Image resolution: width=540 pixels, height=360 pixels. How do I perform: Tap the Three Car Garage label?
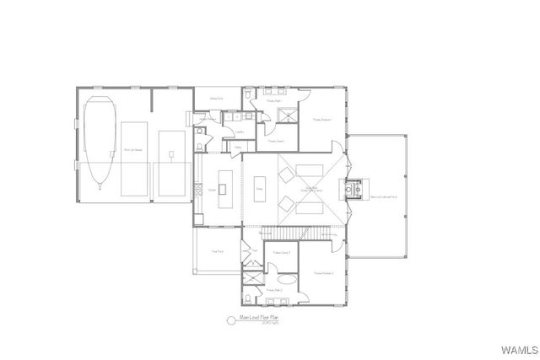pyautogui.click(x=133, y=149)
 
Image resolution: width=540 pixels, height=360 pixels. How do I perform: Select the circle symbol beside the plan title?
pyautogui.click(x=229, y=320)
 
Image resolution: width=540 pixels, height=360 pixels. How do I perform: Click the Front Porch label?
pyautogui.click(x=217, y=250)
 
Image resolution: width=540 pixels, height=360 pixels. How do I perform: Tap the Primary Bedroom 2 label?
pyautogui.click(x=324, y=273)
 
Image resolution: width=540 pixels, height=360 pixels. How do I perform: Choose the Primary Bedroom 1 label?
pyautogui.click(x=323, y=120)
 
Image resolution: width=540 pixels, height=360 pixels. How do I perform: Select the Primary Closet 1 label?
pyautogui.click(x=276, y=141)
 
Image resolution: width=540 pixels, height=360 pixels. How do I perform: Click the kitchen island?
pyautogui.click(x=225, y=182)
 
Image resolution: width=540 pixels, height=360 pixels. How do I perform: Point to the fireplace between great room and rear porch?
pyautogui.click(x=354, y=186)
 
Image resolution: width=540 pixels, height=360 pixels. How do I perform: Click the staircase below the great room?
pyautogui.click(x=286, y=233)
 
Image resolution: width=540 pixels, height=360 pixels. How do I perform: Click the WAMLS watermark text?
pyautogui.click(x=518, y=349)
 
